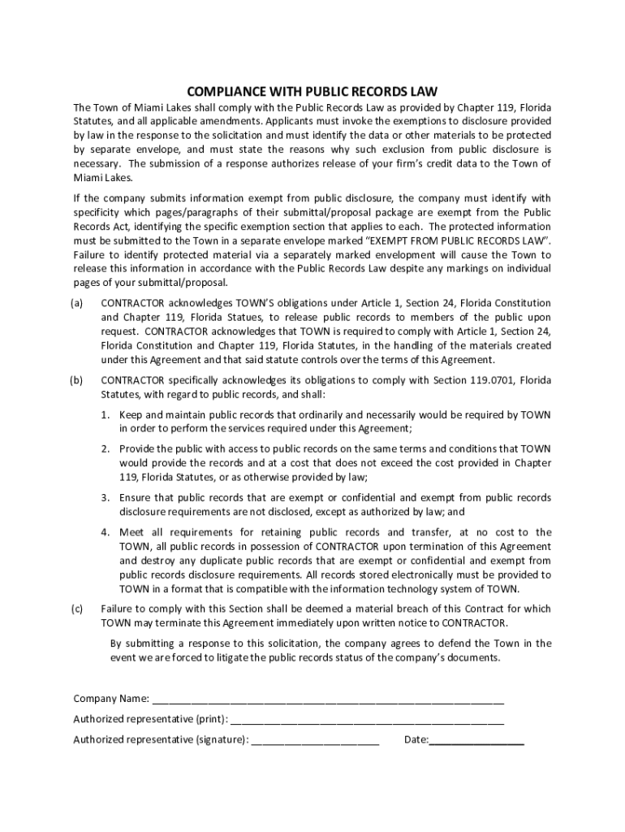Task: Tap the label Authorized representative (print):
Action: (x=150, y=719)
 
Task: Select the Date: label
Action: (x=416, y=739)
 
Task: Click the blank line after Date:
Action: (x=476, y=740)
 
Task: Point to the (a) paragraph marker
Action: (x=78, y=303)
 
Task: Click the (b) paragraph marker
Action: (x=78, y=379)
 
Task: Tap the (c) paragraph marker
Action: (x=78, y=609)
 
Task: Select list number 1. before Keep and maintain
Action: (x=106, y=414)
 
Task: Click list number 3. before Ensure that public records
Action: (x=106, y=497)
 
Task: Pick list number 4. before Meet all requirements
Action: (x=106, y=532)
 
